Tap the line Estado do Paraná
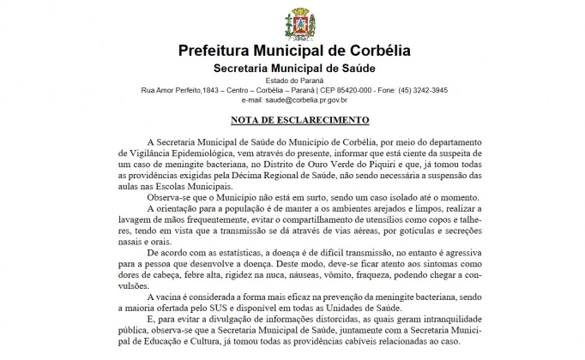[292, 81]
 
